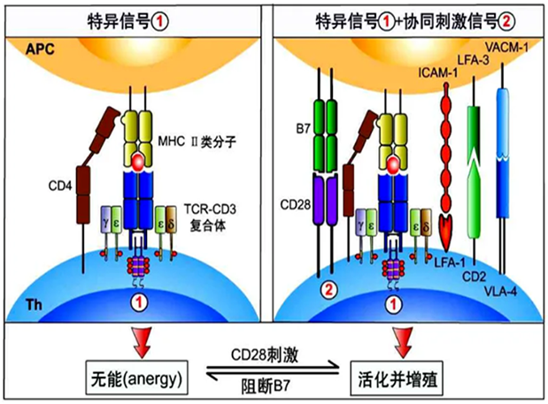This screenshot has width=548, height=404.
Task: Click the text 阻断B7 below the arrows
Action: tap(274, 385)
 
